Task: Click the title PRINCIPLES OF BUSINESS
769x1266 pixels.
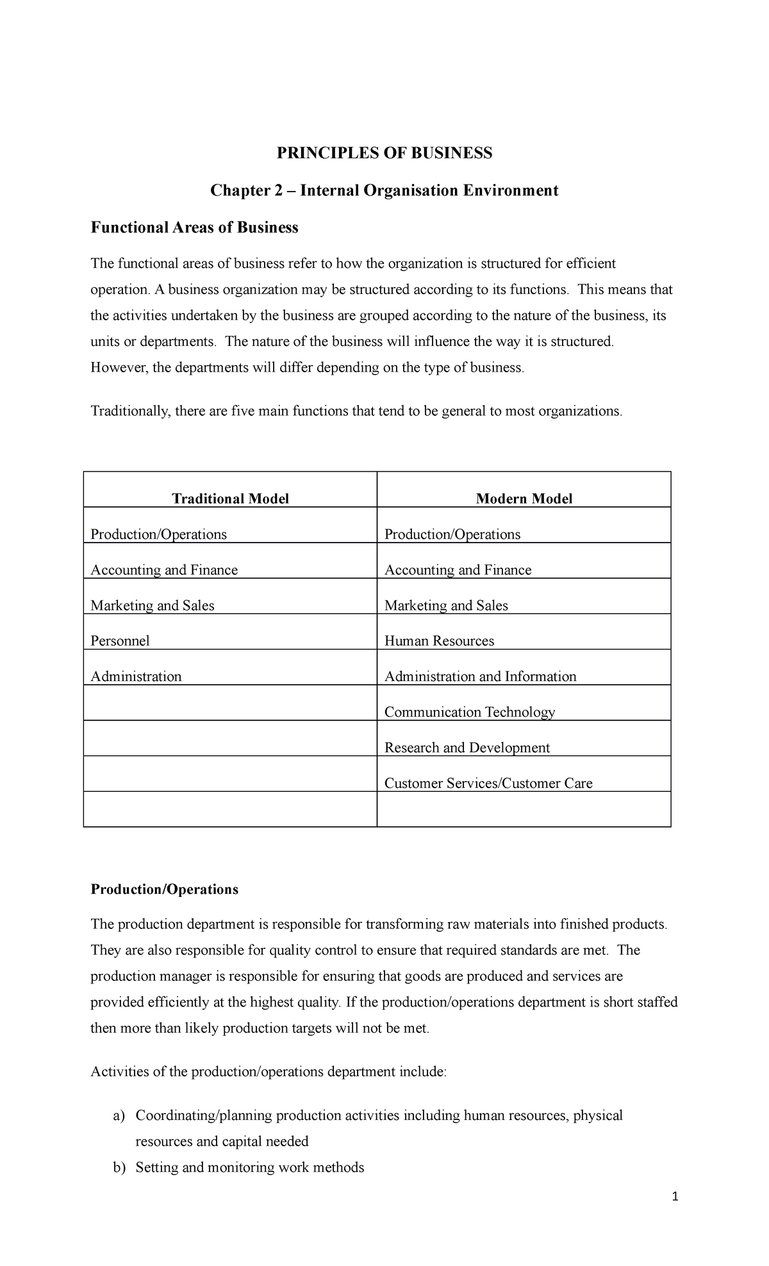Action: point(384,153)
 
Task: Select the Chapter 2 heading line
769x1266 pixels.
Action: point(384,190)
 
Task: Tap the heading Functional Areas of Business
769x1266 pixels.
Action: point(194,227)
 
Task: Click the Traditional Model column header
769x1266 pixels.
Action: point(230,498)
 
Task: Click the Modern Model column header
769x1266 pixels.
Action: point(524,498)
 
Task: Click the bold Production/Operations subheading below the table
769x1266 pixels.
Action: point(164,889)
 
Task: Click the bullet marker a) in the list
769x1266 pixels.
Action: point(119,1116)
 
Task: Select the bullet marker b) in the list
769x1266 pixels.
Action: point(119,1168)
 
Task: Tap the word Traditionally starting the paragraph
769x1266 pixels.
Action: point(128,411)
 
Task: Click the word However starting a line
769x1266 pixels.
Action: point(119,368)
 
